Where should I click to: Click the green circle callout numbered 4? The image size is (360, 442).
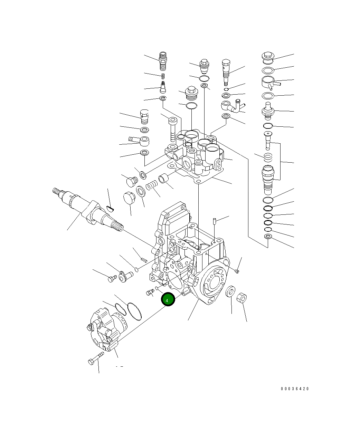click(x=168, y=300)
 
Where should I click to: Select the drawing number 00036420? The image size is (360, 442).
click(x=294, y=389)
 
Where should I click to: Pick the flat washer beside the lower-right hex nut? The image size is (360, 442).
click(x=230, y=291)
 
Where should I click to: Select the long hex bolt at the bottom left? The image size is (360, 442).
click(x=96, y=358)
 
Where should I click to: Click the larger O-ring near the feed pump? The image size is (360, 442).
click(x=134, y=310)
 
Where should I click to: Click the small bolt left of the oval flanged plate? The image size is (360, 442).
click(x=112, y=278)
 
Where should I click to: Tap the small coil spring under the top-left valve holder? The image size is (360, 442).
click(x=163, y=76)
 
